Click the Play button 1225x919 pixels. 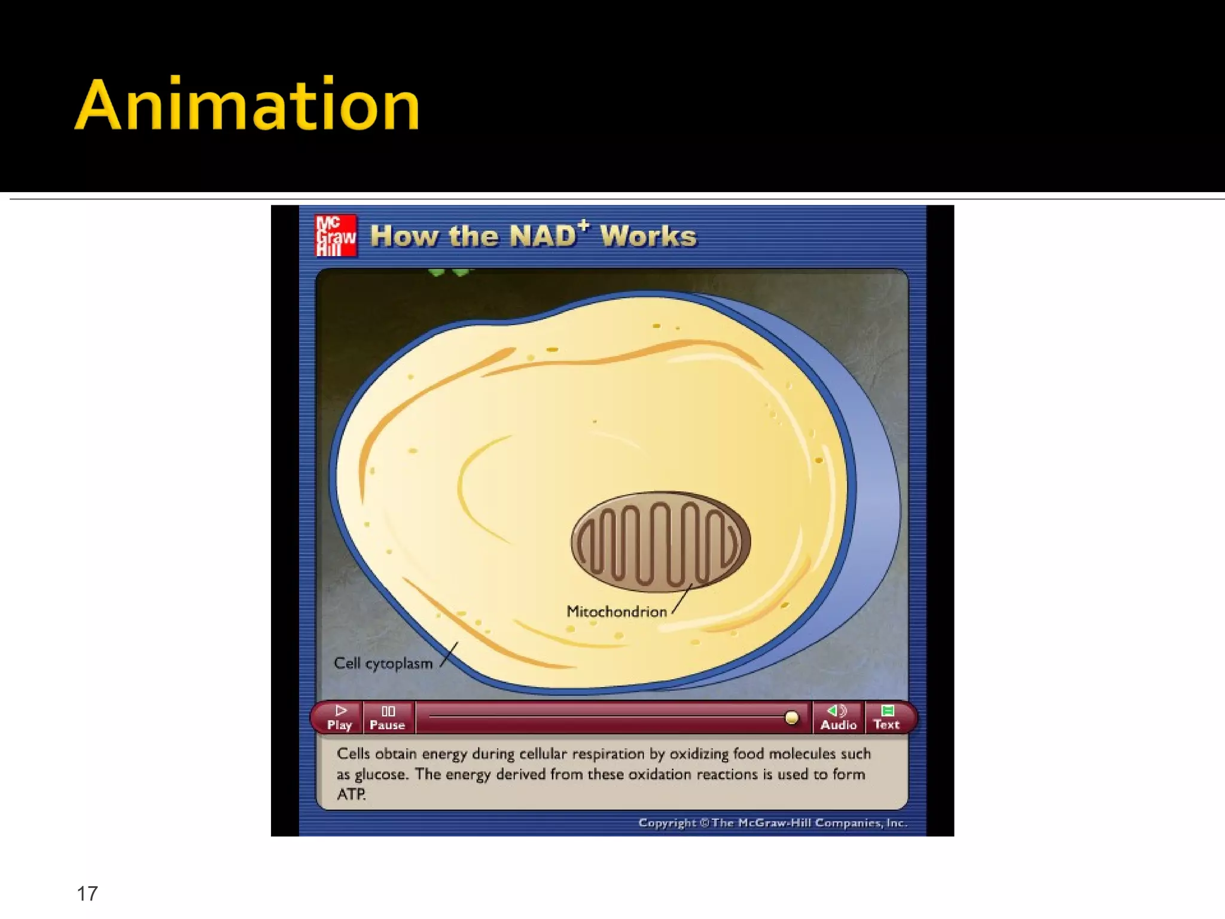coord(339,717)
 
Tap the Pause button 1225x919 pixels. coord(388,717)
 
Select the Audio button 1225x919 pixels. coord(838,717)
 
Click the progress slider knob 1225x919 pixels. coord(791,717)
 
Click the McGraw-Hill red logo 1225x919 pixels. coord(336,235)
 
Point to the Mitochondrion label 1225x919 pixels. coord(617,611)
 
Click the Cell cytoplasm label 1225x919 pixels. coord(383,664)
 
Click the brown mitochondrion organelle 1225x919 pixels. coord(660,542)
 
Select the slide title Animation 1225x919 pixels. coord(248,105)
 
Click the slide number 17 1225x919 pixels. coord(87,893)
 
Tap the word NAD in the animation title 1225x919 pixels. coord(542,236)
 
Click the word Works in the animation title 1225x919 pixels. coord(648,236)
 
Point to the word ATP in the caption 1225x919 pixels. coord(351,795)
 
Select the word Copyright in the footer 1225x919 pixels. coord(667,823)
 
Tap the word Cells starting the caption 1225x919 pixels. coord(353,754)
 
